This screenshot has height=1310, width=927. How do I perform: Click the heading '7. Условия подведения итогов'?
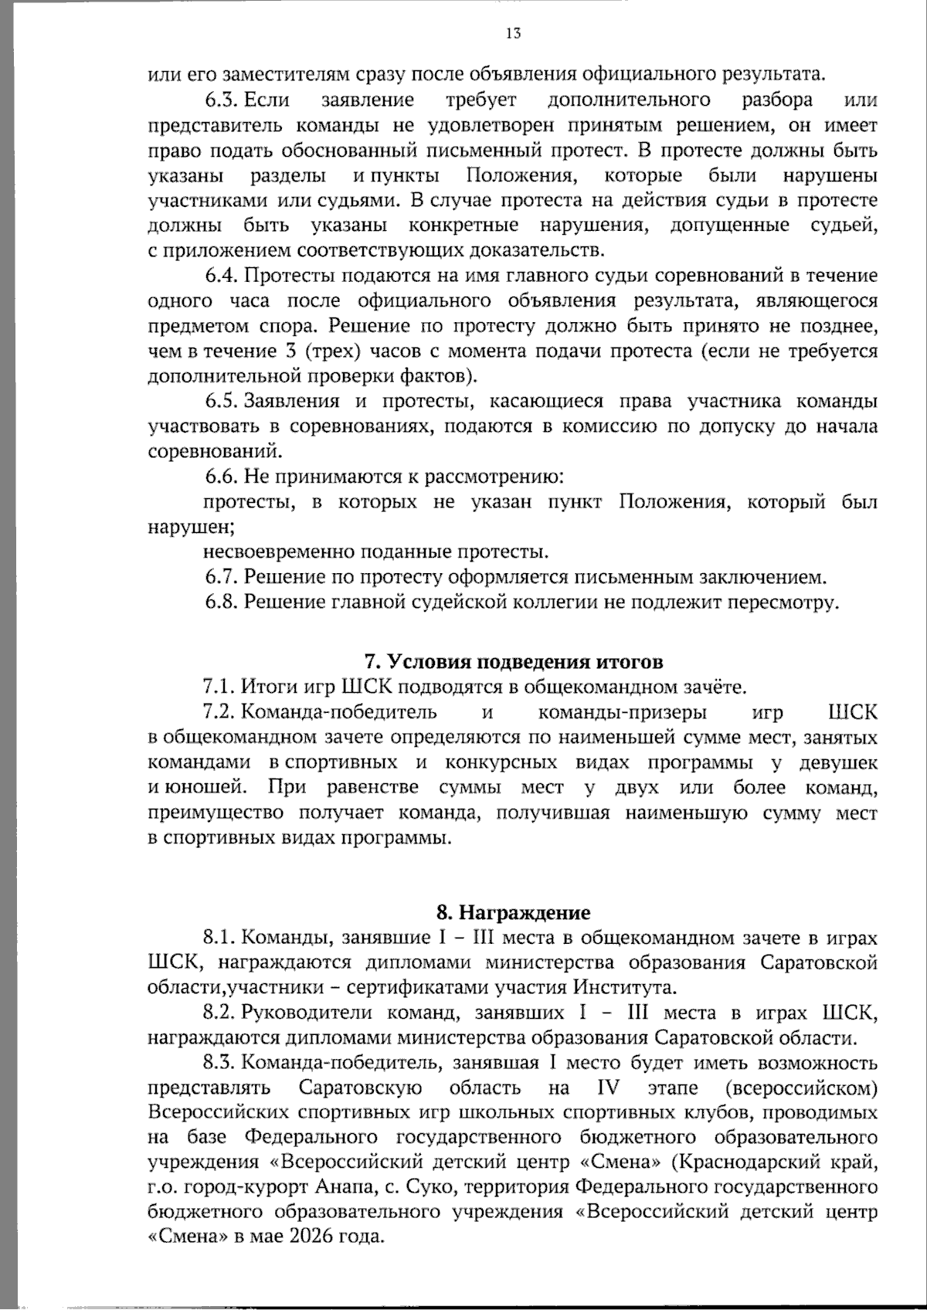pos(513,662)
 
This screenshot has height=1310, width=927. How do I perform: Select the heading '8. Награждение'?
pos(513,912)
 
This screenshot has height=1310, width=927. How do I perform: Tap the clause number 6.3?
pos(222,100)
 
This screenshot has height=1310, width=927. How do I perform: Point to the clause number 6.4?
pos(222,276)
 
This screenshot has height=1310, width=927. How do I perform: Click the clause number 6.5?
pos(222,402)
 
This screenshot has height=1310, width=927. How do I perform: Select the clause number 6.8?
pos(222,602)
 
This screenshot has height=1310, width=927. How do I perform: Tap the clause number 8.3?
pos(221,1063)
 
